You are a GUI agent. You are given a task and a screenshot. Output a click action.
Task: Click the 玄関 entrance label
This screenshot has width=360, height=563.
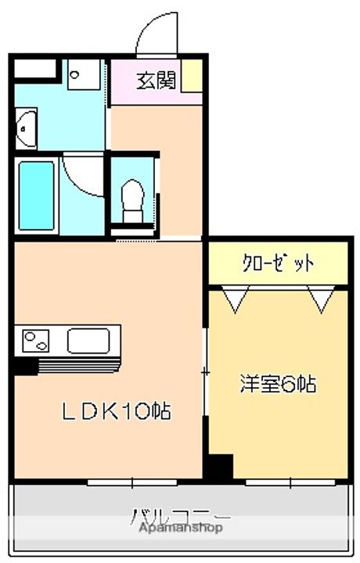click(156, 80)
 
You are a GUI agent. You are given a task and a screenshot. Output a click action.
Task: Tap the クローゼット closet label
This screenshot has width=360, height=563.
click(277, 264)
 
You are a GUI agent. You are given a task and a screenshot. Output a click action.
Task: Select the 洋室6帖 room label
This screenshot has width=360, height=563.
click(277, 385)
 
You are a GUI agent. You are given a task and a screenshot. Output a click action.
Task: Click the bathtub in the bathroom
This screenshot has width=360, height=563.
click(34, 195)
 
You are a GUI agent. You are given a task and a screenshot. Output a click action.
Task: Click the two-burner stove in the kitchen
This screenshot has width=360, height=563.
click(36, 341)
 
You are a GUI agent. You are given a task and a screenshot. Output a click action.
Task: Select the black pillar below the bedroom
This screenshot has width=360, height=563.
click(219, 467)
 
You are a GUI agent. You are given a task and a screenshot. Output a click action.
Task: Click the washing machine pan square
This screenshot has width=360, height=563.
click(81, 77)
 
